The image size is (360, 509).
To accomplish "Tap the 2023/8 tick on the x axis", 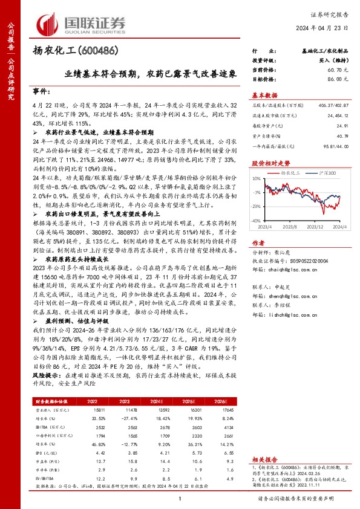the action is coord(292,227).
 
